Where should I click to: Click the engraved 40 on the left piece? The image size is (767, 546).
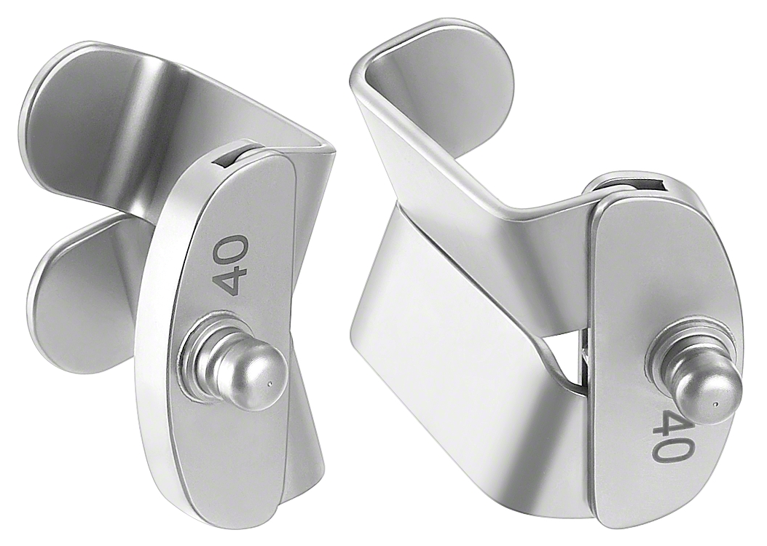[232, 264]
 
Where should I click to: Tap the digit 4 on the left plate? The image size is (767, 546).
[231, 280]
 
